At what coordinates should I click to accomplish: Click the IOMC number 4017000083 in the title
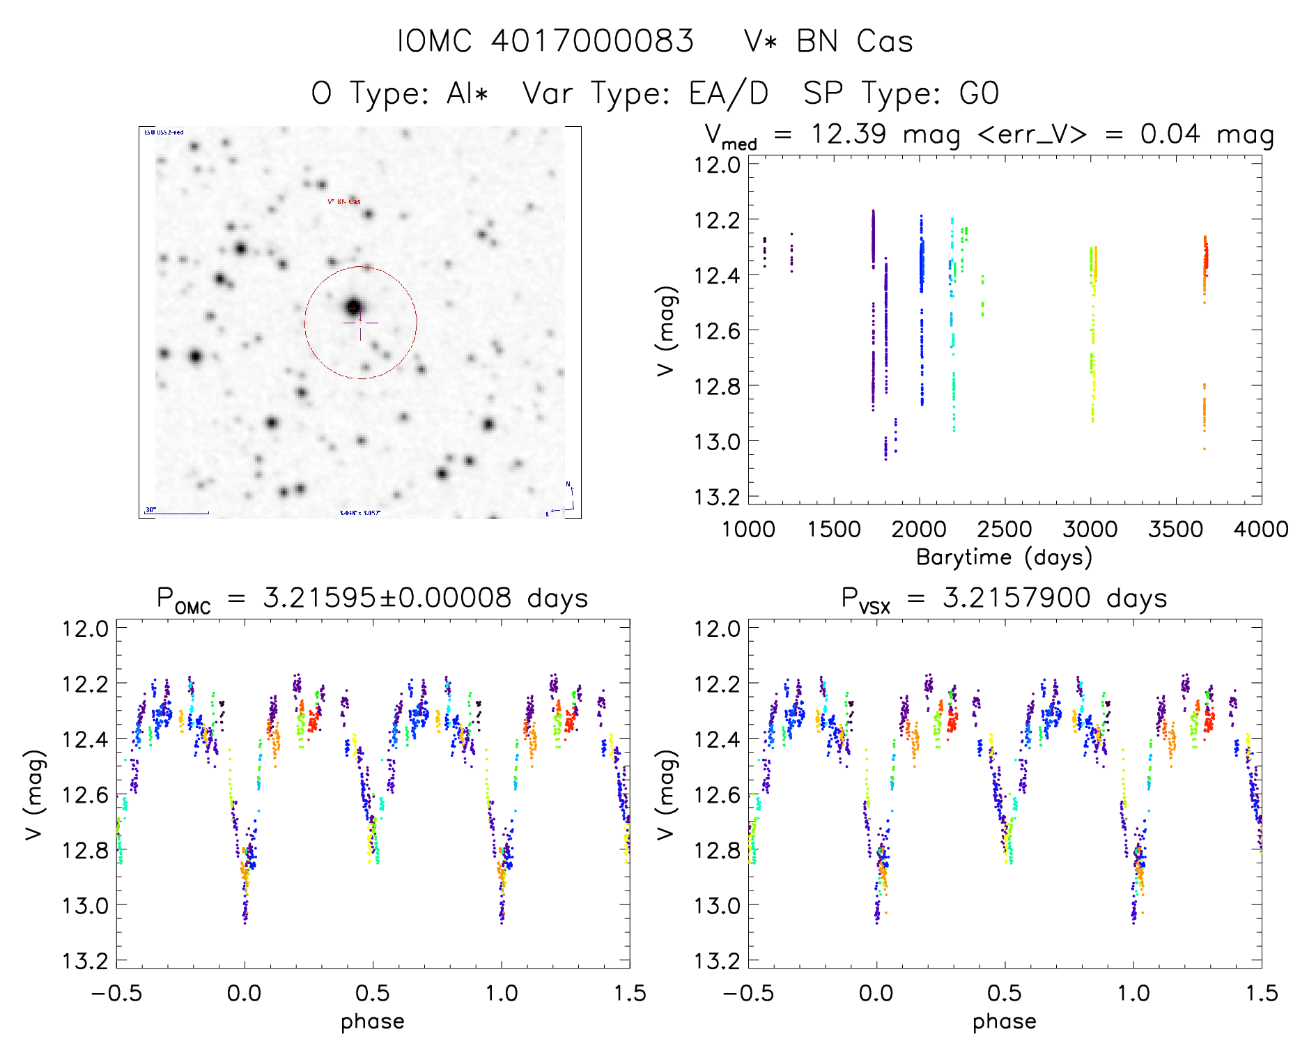point(592,41)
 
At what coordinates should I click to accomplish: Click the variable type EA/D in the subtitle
point(729,93)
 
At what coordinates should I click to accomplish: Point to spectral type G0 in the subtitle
point(979,93)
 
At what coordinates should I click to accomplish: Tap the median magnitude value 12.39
point(848,134)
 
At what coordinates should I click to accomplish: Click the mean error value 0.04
point(1170,134)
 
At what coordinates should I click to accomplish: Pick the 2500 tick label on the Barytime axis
point(1004,530)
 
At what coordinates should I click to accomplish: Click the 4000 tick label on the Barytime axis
point(1260,530)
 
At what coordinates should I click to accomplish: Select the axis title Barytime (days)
point(1004,557)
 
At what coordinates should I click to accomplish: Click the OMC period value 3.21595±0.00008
point(387,598)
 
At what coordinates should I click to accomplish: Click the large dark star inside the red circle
point(353,307)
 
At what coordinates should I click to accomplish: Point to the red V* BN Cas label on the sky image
point(344,201)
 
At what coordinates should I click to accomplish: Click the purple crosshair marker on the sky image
point(360,323)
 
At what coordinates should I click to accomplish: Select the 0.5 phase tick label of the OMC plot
point(373,993)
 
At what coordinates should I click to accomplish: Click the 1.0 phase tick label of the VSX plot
point(1133,993)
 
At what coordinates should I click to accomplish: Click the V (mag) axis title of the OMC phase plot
point(35,794)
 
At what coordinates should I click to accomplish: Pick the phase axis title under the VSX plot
point(1004,1021)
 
